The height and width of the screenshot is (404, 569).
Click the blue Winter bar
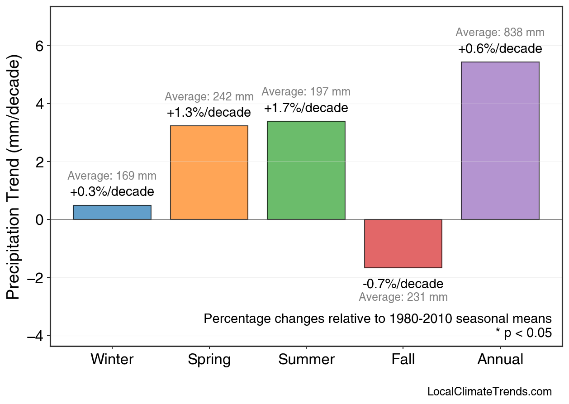[112, 212]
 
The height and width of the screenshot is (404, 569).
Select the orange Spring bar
[209, 172]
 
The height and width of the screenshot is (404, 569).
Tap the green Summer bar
[306, 170]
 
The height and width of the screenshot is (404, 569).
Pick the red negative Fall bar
[403, 243]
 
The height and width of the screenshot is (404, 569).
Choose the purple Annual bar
[500, 141]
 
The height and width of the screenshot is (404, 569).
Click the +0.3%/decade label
[112, 192]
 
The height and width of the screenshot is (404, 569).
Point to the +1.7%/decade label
[306, 109]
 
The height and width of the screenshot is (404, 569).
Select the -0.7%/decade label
[403, 284]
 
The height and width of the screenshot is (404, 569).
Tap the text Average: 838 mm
[500, 33]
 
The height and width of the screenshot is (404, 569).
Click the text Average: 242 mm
[209, 97]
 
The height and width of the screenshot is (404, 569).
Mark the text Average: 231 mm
[403, 297]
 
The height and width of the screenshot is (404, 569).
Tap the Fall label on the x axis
[403, 360]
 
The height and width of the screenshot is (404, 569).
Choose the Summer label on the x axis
[306, 360]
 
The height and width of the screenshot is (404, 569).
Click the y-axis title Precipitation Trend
[14, 178]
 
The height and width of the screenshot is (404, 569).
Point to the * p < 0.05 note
[523, 333]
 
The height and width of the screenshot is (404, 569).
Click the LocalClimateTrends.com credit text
[489, 392]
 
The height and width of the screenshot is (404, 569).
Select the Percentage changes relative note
[378, 318]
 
